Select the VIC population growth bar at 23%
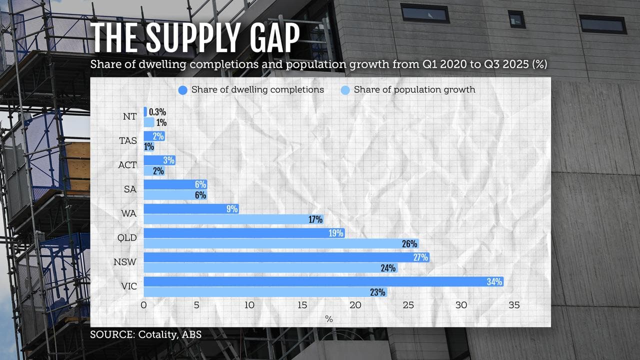pyautogui.click(x=265, y=292)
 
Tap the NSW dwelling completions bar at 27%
pyautogui.click(x=286, y=257)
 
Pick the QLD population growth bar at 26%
pyautogui.click(x=280, y=244)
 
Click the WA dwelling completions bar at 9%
pyautogui.click(x=191, y=209)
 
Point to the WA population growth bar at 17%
pyautogui.click(x=233, y=219)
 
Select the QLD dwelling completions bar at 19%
pyautogui.click(x=244, y=233)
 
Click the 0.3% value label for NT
pyautogui.click(x=157, y=112)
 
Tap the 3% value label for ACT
pyautogui.click(x=168, y=160)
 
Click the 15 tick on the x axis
pyautogui.click(x=302, y=305)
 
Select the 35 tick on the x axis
pyautogui.click(x=513, y=305)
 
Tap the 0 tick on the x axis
pyautogui.click(x=144, y=305)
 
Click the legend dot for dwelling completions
pyautogui.click(x=183, y=90)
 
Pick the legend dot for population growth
pyautogui.click(x=345, y=90)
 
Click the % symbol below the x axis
pyautogui.click(x=328, y=318)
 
